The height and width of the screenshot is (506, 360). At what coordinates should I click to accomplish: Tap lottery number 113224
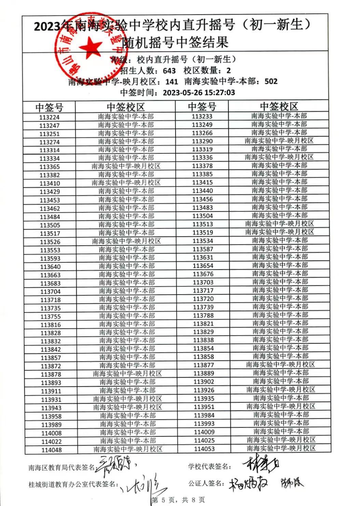[x=49, y=117]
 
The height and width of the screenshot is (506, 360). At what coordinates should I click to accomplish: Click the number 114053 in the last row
[x=204, y=449]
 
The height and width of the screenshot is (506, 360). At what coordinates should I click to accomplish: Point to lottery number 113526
[x=50, y=242]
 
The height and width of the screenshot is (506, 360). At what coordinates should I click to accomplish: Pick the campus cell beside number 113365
[x=126, y=166]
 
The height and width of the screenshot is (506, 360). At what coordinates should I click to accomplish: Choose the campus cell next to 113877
[x=280, y=365]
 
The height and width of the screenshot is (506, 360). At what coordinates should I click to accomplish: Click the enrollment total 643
[x=169, y=71]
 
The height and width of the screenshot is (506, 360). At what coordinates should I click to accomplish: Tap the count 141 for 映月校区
[x=171, y=81]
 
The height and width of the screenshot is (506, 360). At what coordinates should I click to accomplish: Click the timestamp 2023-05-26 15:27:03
[x=199, y=92]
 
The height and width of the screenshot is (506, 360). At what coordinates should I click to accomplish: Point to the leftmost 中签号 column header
[x=49, y=107]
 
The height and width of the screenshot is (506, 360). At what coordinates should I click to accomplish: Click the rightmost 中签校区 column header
[x=279, y=106]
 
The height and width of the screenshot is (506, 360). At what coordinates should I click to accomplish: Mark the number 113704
[x=50, y=291]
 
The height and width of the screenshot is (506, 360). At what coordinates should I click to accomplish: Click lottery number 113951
[x=204, y=407]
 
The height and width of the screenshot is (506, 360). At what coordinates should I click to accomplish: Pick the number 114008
[x=51, y=433]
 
